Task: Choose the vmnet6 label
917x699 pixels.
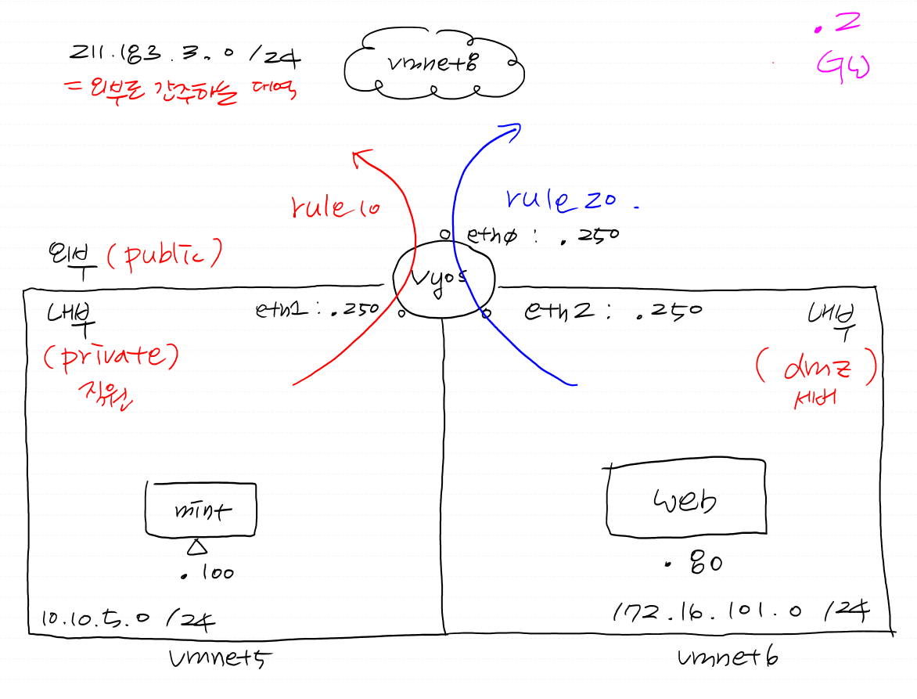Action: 728,658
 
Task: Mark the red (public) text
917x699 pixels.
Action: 164,254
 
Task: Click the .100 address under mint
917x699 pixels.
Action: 207,574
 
